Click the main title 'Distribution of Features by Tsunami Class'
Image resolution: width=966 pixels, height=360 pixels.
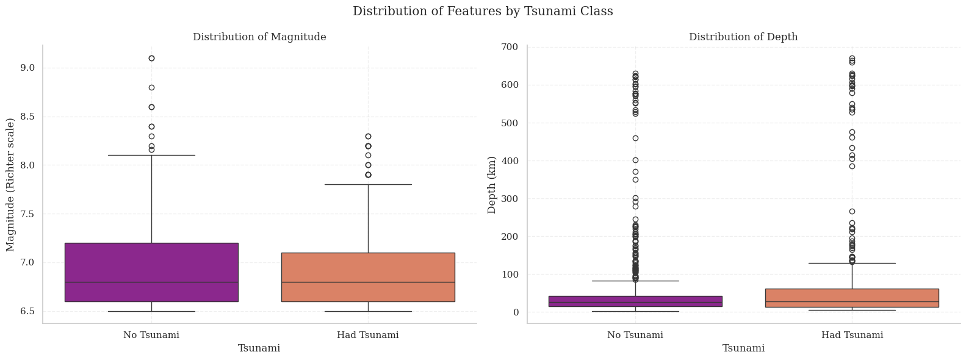pyautogui.click(x=483, y=12)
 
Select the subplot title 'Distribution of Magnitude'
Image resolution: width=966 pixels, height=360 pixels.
pyautogui.click(x=259, y=37)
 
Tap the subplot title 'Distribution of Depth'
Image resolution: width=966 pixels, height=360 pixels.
pyautogui.click(x=743, y=37)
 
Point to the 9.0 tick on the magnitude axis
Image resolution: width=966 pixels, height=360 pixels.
pyautogui.click(x=27, y=68)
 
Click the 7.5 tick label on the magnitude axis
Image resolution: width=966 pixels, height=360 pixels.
pyautogui.click(x=27, y=214)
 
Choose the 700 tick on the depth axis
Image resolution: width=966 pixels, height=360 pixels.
pyautogui.click(x=510, y=47)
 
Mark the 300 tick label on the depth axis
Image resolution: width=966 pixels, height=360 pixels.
pyautogui.click(x=510, y=199)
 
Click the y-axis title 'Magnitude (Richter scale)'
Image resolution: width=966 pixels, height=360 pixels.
pyautogui.click(x=10, y=184)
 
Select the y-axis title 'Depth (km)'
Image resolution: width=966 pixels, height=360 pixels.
pyautogui.click(x=492, y=184)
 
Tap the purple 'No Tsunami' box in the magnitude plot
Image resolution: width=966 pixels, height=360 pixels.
pyautogui.click(x=151, y=272)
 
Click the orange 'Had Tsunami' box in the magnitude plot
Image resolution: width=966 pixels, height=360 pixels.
pyautogui.click(x=368, y=276)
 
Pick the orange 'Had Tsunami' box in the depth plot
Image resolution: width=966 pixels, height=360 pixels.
pyautogui.click(x=852, y=297)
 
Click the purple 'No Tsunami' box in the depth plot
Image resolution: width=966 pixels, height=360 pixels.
pyautogui.click(x=635, y=301)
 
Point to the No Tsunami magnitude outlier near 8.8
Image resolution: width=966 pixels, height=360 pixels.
pyautogui.click(x=151, y=87)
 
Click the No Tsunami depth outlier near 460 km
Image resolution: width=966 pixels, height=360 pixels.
pyautogui.click(x=635, y=138)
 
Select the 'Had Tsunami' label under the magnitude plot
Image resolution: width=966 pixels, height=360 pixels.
pyautogui.click(x=368, y=335)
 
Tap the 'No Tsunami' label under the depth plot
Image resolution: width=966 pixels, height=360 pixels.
pyautogui.click(x=635, y=335)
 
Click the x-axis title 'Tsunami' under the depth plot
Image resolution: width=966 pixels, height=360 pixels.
pyautogui.click(x=743, y=348)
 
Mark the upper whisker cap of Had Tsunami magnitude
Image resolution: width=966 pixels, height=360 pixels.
pyautogui.click(x=368, y=184)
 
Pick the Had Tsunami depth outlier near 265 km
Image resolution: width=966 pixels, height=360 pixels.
pyautogui.click(x=852, y=212)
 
